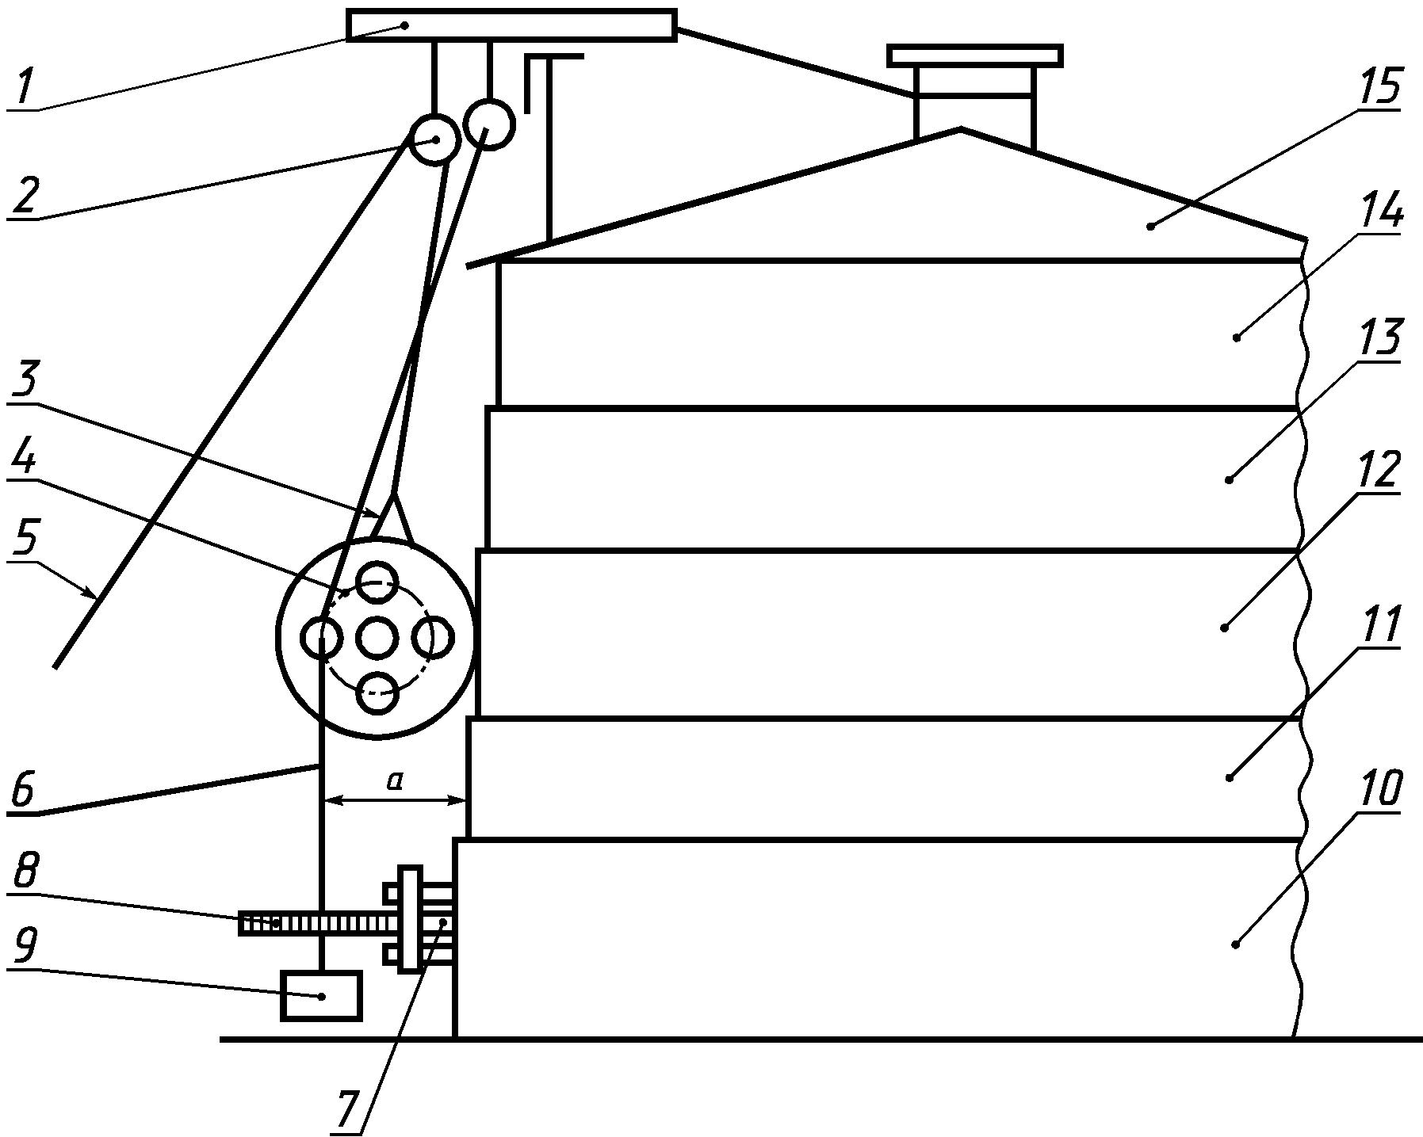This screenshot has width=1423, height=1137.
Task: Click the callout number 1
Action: (x=24, y=88)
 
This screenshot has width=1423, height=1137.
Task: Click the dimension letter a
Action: (x=394, y=781)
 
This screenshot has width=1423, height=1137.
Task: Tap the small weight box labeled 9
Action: (x=321, y=996)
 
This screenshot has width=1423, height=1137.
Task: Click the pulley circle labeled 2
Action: (x=435, y=139)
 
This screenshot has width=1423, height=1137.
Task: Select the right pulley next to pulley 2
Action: (x=489, y=124)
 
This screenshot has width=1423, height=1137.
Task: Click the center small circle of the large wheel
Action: (x=377, y=637)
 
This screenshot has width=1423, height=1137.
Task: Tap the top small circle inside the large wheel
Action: (x=377, y=582)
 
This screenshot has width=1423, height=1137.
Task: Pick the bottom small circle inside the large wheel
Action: (x=377, y=692)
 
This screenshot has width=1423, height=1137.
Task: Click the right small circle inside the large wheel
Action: (x=434, y=637)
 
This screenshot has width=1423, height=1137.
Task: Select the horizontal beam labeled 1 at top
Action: (x=511, y=25)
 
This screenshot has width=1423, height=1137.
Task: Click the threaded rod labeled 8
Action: (x=317, y=923)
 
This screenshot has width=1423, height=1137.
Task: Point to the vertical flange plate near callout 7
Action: (x=409, y=919)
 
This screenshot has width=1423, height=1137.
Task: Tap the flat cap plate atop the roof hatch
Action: (x=974, y=55)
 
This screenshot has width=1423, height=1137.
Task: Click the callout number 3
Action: (x=25, y=383)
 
